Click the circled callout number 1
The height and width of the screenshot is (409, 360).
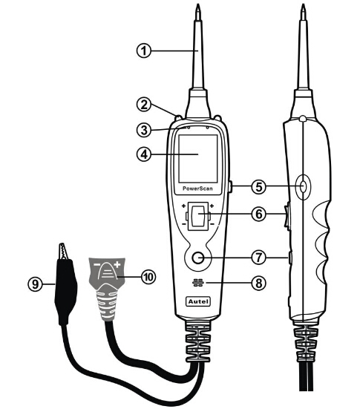point(144,50)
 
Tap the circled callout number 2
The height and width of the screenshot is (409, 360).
point(144,105)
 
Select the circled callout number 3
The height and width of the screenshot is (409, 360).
point(144,130)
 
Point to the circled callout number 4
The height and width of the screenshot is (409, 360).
point(144,154)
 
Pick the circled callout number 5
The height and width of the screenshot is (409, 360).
point(259,187)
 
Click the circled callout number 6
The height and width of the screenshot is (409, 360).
point(259,215)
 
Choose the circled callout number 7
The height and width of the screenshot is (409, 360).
point(259,258)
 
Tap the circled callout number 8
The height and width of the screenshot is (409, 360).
point(259,283)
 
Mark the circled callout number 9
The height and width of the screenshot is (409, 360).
point(35,284)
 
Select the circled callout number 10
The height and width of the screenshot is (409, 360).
point(148,277)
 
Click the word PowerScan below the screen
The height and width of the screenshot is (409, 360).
point(197,189)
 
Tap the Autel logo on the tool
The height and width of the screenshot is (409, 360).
point(198,301)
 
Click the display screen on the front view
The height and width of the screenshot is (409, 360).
point(198,159)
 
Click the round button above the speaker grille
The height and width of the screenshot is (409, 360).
point(198,258)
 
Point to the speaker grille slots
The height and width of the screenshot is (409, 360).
point(198,283)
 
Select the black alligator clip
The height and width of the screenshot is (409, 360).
point(65,284)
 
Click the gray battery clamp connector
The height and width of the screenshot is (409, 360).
point(108,289)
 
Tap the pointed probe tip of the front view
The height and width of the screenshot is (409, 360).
point(197,8)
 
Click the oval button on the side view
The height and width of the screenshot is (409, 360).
point(303,186)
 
